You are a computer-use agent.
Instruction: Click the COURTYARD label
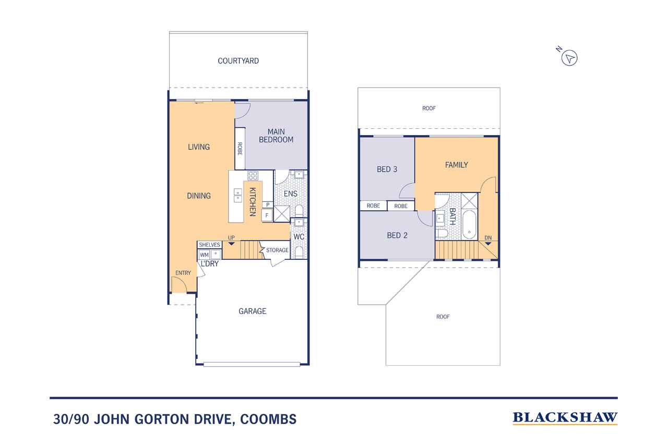coord(238,61)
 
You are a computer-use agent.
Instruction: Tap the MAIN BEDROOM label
coord(276,136)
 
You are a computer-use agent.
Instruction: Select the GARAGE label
coord(252,311)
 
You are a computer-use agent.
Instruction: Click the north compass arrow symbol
coord(570,58)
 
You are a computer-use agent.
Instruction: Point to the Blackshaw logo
coord(565,417)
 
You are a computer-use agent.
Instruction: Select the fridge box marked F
coord(267,214)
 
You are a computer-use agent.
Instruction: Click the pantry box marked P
coord(267,205)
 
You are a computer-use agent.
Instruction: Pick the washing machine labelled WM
coord(204,255)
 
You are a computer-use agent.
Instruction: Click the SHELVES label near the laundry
coord(209,245)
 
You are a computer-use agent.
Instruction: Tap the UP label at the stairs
coord(231,238)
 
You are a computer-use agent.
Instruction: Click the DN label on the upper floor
coord(488,238)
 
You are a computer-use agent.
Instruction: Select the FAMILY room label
coord(456,165)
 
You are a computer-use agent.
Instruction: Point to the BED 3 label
coord(387,169)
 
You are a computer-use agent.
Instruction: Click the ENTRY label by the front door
coord(183,273)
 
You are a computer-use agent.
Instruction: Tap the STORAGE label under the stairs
coord(277,250)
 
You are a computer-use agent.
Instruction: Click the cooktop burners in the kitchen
coord(253,175)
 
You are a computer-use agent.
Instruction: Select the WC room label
coord(299,237)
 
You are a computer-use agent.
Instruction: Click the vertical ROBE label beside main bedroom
coord(240,149)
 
